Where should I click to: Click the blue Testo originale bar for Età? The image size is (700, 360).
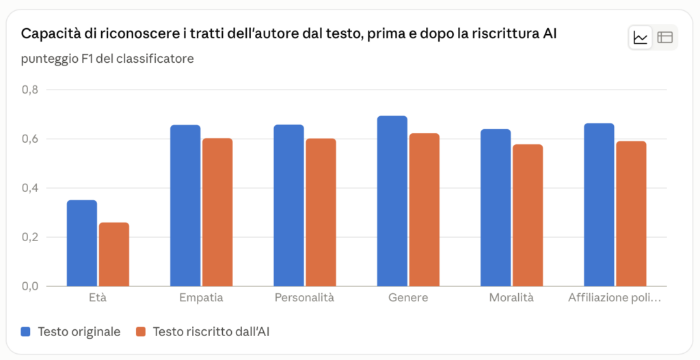coord(82,243)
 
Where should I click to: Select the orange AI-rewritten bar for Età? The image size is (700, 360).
coord(114,254)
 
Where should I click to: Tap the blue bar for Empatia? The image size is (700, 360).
coord(185,206)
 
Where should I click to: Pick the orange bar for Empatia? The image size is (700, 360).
coord(217,212)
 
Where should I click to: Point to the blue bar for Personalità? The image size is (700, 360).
coord(289,206)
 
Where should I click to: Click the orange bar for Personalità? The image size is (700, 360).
coord(321,212)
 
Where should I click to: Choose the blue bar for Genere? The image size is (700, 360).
coord(392,202)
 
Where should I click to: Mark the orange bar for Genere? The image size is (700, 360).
coord(425,210)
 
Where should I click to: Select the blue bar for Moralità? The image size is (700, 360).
coord(496,208)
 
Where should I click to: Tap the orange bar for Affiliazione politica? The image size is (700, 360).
coord(631,214)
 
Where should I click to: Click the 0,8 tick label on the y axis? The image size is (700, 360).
coord(30,89)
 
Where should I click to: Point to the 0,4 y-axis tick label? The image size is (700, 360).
coord(30,188)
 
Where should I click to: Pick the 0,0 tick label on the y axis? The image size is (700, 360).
coord(30,286)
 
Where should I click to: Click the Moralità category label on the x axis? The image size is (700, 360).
coord(511,298)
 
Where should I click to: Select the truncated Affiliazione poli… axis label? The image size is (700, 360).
coord(615,298)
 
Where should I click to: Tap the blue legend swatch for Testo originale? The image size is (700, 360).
coord(26,332)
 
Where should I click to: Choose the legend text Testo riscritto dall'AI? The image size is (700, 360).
coord(211,332)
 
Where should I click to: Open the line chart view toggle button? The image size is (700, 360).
coord(640,38)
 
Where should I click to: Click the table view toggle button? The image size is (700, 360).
coord(664,38)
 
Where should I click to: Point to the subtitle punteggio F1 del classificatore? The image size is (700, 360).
coord(107,59)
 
